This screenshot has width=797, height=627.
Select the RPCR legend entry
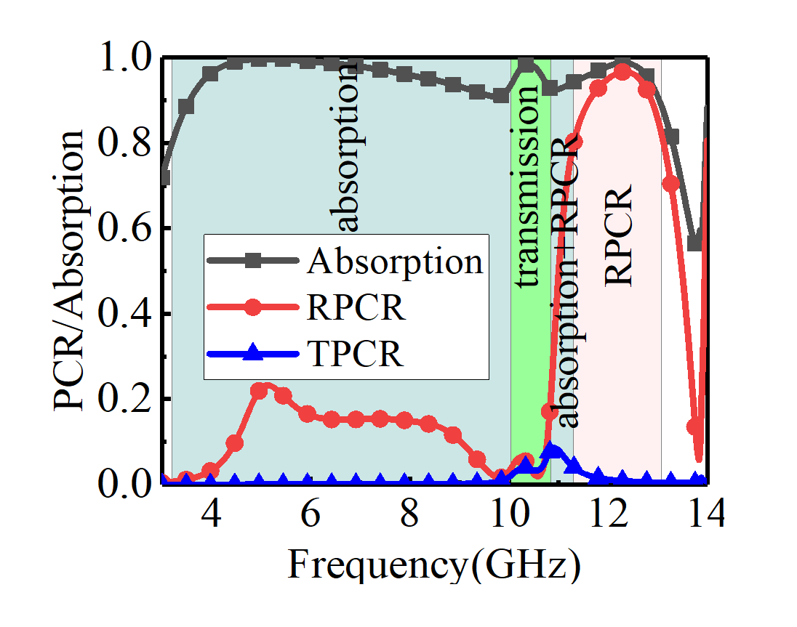coord(356,308)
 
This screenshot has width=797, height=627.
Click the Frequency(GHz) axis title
coord(435,565)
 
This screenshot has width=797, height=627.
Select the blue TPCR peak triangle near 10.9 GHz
coord(553,450)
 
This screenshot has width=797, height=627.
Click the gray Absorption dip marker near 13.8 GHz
coord(695,243)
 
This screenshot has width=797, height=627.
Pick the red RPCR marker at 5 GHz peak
coord(260,390)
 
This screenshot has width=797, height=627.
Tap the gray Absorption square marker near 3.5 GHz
coord(186,107)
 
